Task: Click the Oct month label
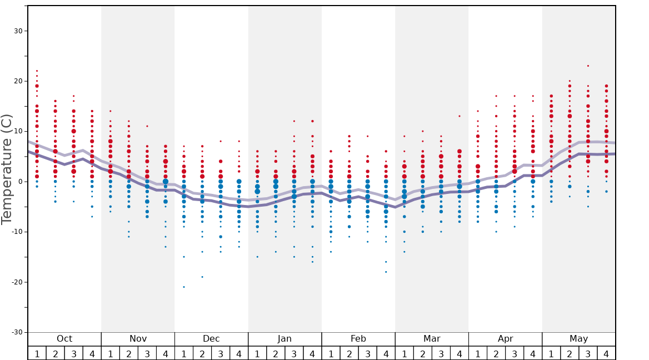[64, 339]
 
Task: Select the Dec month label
[211, 339]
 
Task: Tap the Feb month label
[358, 339]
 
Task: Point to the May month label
[578, 339]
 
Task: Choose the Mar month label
[432, 339]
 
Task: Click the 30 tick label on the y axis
[18, 31]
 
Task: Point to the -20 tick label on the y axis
[16, 282]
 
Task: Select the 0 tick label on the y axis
[20, 182]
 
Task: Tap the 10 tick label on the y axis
[18, 131]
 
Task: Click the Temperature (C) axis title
[7, 169]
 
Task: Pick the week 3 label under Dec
[221, 353]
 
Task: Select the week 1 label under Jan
[257, 353]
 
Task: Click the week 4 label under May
[606, 353]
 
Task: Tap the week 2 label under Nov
[129, 353]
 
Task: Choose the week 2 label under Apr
[496, 353]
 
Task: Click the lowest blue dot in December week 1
[184, 287]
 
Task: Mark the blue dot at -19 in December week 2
[202, 277]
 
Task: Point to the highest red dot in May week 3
[588, 66]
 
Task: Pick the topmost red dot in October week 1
[37, 71]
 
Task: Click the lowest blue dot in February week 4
[386, 272]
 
